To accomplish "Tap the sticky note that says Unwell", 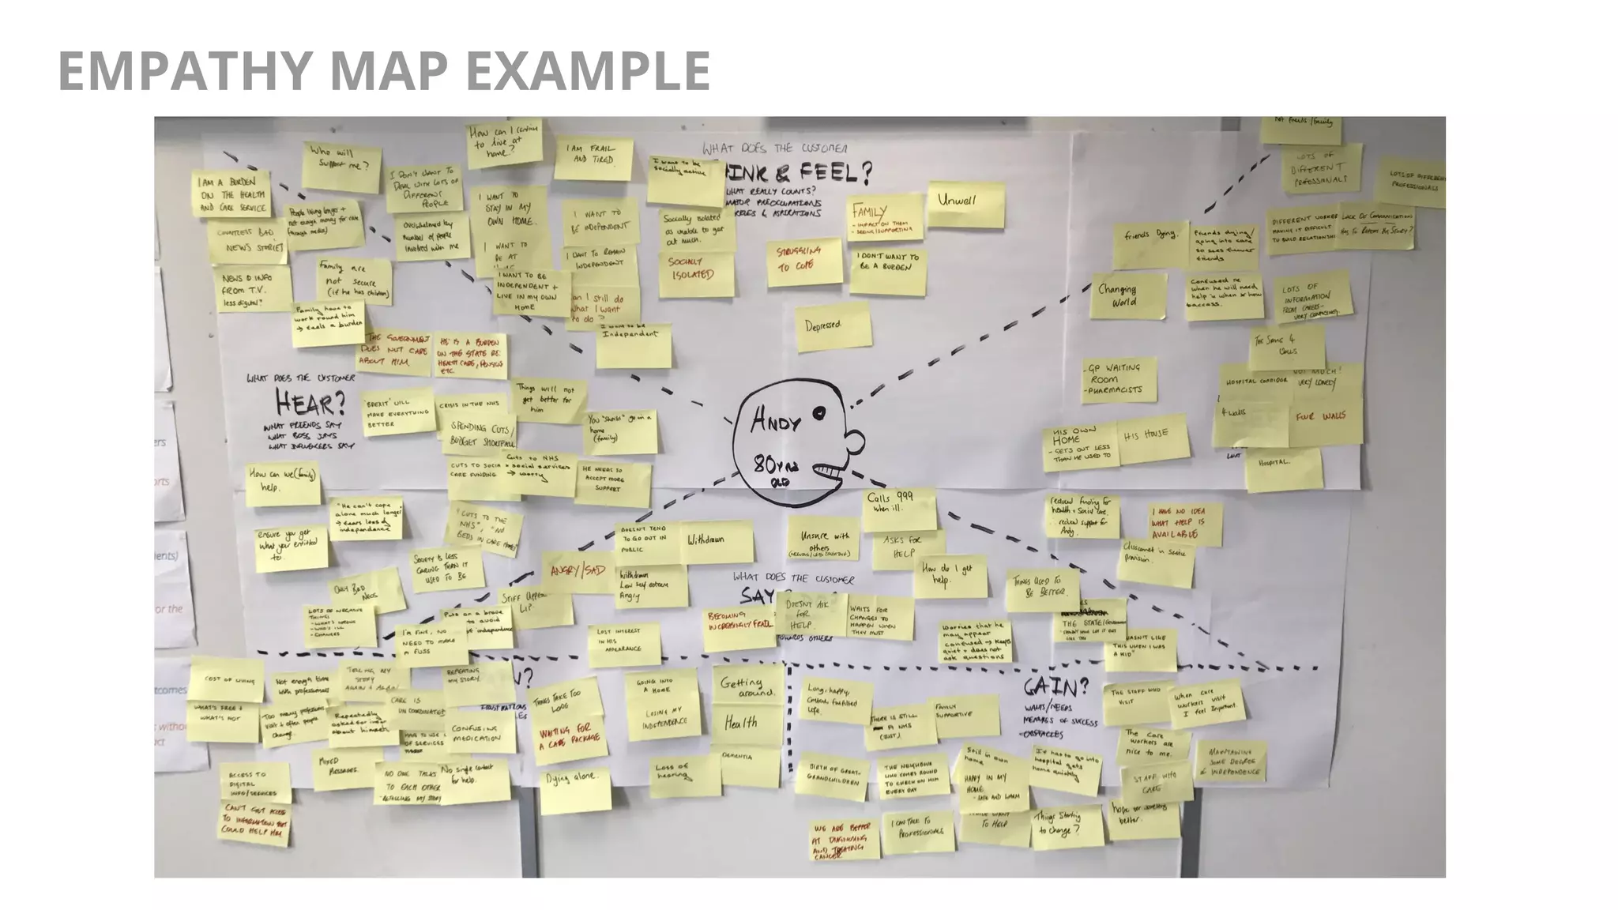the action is click(965, 204).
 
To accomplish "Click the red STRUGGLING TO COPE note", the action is click(800, 261).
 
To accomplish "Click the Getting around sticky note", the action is click(745, 686).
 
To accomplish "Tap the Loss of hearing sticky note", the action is click(684, 773).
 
